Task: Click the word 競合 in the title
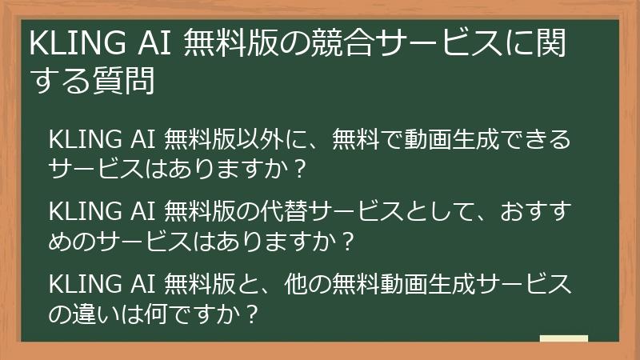coord(343,44)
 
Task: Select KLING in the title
coord(67,44)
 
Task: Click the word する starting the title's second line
coord(59,81)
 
